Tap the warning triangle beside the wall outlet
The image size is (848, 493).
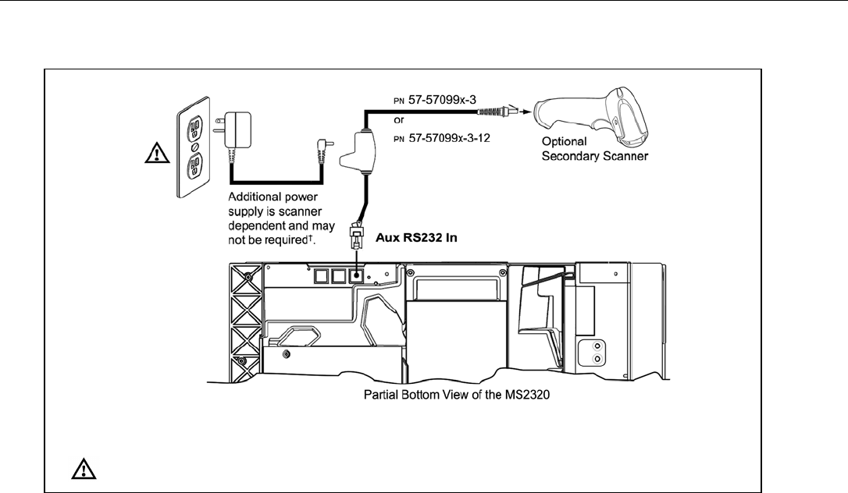click(x=159, y=154)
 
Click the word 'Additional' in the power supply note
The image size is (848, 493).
click(x=251, y=198)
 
